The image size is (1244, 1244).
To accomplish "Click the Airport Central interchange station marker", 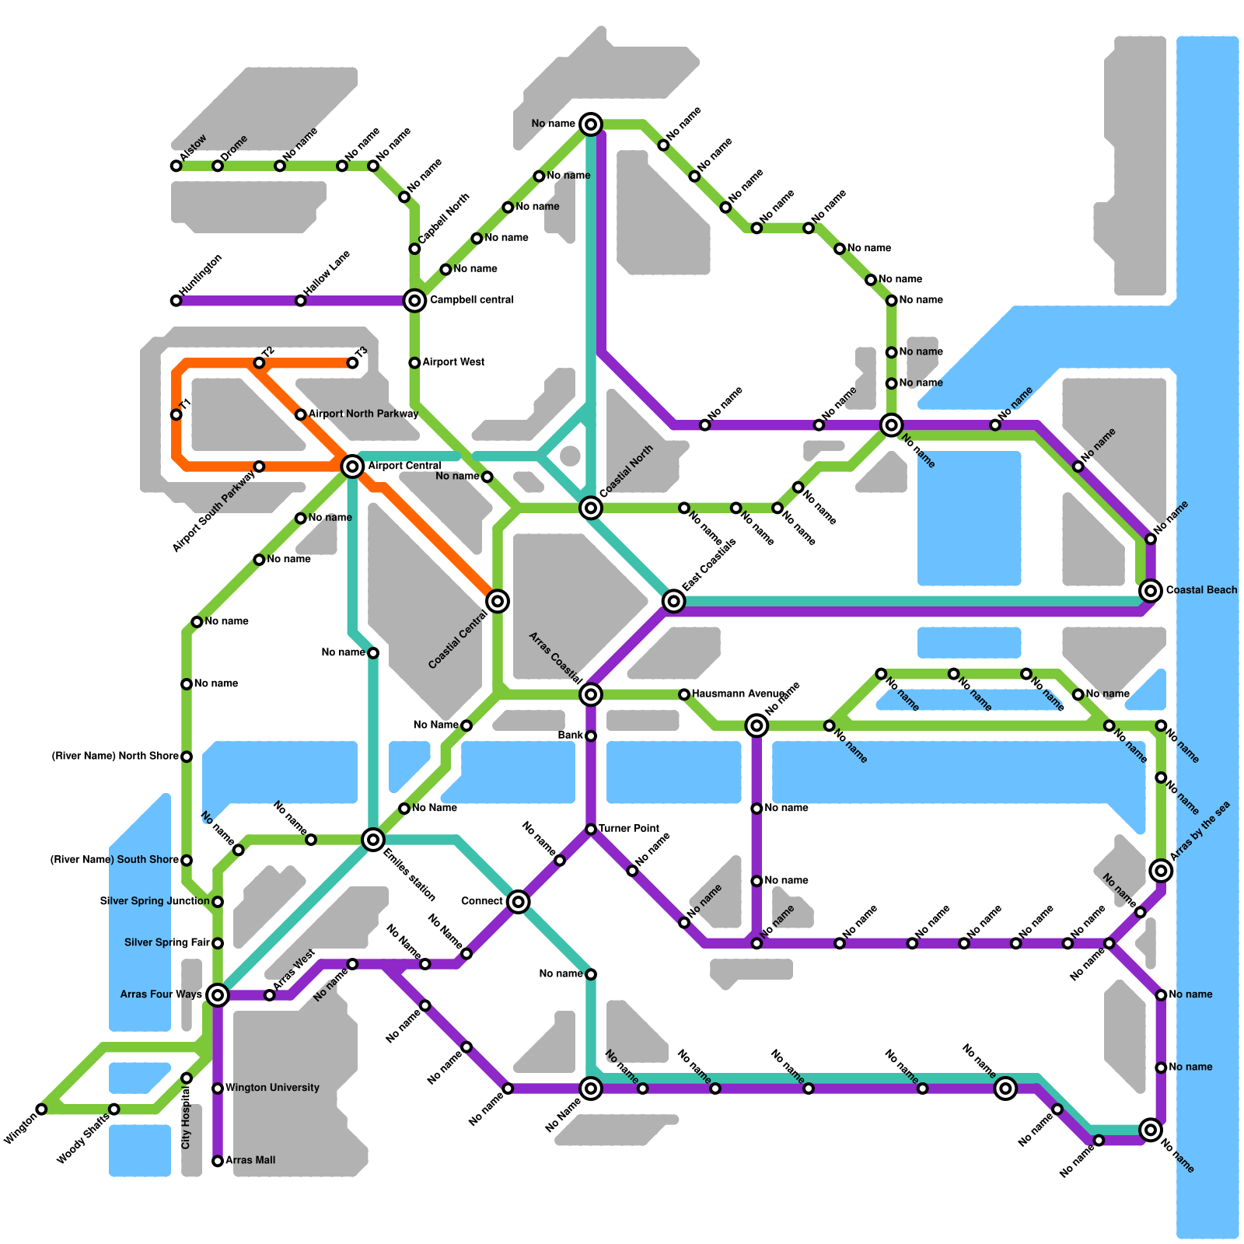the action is pyautogui.click(x=352, y=466).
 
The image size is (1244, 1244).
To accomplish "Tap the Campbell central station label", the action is pyautogui.click(x=472, y=300).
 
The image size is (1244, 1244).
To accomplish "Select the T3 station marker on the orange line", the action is pyautogui.click(x=353, y=363).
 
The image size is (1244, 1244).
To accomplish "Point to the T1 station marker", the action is pyautogui.click(x=176, y=414).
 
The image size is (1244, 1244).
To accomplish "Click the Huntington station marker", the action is pyautogui.click(x=176, y=301).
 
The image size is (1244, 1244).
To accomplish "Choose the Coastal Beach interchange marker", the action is pyautogui.click(x=1151, y=591).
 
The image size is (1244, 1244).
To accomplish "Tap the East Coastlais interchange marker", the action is pyautogui.click(x=674, y=601).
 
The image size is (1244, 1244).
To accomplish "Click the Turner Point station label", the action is pyautogui.click(x=629, y=829).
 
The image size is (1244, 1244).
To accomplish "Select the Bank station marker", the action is pyautogui.click(x=591, y=736).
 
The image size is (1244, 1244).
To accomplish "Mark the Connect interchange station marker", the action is pyautogui.click(x=519, y=902).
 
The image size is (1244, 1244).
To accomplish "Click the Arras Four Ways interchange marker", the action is pyautogui.click(x=218, y=994).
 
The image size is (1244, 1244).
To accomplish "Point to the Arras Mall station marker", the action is pyautogui.click(x=218, y=1161).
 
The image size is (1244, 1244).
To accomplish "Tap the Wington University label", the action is pyautogui.click(x=272, y=1088).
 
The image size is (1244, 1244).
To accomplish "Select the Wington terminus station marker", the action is pyautogui.click(x=42, y=1109).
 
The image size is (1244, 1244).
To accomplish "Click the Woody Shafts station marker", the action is pyautogui.click(x=114, y=1109).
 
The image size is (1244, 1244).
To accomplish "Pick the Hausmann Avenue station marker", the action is pyautogui.click(x=684, y=694).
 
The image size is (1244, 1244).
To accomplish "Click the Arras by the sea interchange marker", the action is pyautogui.click(x=1161, y=870).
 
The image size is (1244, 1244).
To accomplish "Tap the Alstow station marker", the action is pyautogui.click(x=176, y=166).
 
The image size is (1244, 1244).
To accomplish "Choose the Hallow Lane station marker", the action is pyautogui.click(x=301, y=301).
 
